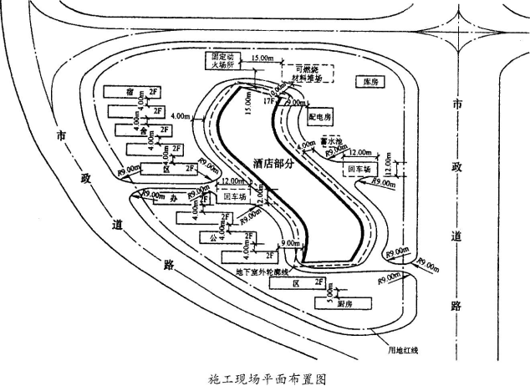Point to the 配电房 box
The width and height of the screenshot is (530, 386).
click(320, 114)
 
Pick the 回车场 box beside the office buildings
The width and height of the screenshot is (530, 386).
click(237, 197)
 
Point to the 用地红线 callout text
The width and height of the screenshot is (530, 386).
click(402, 349)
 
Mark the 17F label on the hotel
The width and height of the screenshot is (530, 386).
click(268, 101)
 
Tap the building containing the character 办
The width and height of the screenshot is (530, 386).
click(171, 198)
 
